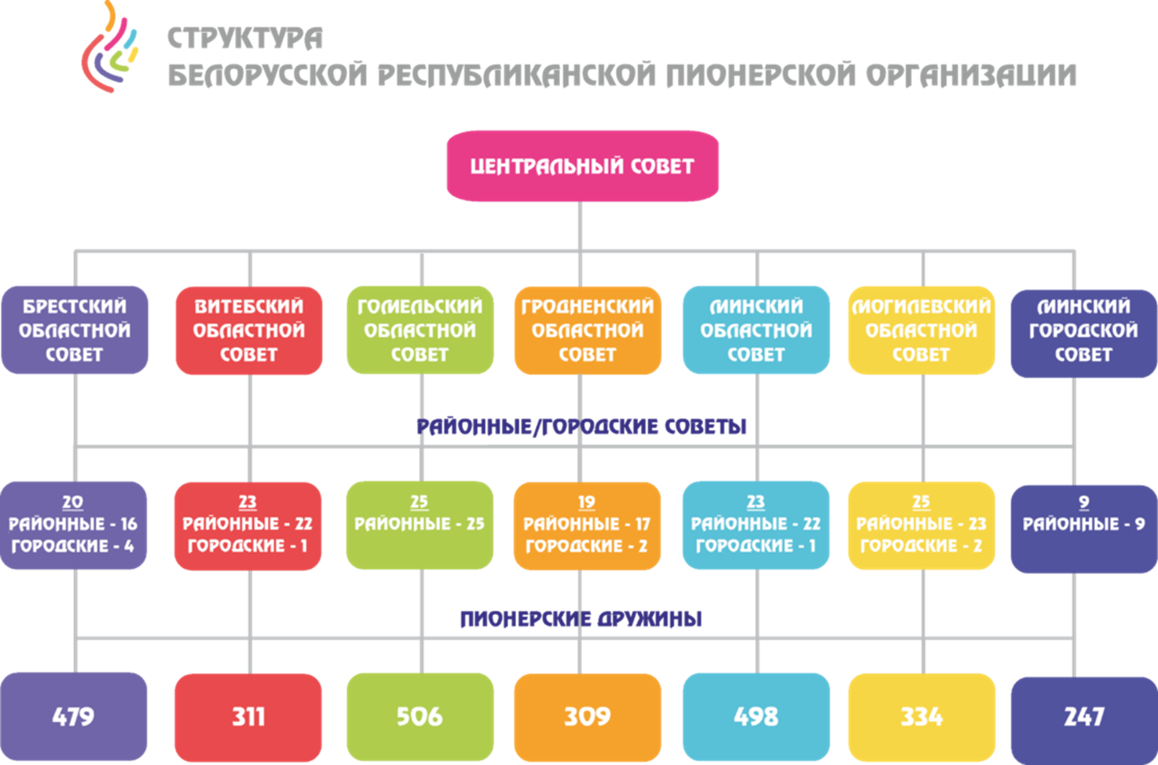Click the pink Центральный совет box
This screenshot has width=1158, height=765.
(583, 166)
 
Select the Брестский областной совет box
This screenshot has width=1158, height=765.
(75, 330)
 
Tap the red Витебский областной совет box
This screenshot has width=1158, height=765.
(249, 331)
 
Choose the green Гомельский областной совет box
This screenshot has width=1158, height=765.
(420, 330)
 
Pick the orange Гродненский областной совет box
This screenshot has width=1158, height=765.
(588, 331)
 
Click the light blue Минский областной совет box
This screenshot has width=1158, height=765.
(757, 330)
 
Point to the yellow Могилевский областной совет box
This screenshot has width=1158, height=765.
(922, 331)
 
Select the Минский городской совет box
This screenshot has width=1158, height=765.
(1084, 333)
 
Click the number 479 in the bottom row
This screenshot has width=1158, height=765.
(73, 716)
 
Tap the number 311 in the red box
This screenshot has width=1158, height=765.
(248, 717)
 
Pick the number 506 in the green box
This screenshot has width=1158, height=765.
(420, 716)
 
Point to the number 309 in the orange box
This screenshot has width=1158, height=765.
(588, 717)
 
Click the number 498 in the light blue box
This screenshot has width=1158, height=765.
(757, 716)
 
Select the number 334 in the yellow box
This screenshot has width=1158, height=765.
(922, 717)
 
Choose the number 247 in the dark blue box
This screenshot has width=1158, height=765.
(1084, 717)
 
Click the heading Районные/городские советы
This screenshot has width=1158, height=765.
(581, 426)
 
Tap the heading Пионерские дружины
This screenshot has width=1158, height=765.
(581, 619)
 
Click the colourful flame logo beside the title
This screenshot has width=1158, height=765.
(110, 46)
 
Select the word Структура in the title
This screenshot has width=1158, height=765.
(245, 38)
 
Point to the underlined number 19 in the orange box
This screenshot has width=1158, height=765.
(587, 502)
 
